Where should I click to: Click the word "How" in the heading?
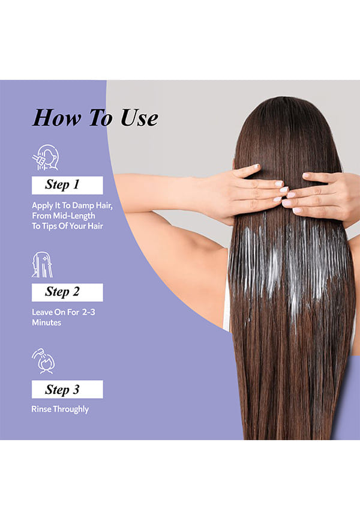[57, 118]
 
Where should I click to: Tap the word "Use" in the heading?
[139, 118]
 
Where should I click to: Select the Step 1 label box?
[67, 186]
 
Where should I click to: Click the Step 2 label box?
[67, 292]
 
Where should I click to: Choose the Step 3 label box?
[67, 389]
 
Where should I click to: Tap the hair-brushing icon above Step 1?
[46, 157]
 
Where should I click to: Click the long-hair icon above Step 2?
[42, 265]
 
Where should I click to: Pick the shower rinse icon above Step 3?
[43, 361]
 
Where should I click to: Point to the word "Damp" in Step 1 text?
[83, 206]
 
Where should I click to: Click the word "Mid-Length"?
[74, 216]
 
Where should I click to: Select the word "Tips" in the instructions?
[50, 226]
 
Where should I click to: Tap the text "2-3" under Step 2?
[89, 312]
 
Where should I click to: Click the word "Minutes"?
[46, 322]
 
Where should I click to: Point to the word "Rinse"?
[41, 409]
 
